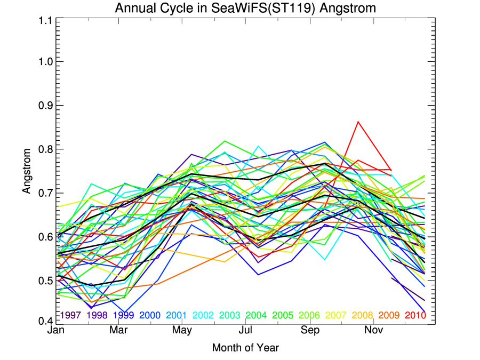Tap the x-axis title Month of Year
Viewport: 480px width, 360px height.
pos(245,348)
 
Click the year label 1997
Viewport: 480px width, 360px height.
pos(70,315)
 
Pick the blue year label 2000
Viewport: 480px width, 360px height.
pos(150,315)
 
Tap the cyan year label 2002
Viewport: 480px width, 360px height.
pos(203,315)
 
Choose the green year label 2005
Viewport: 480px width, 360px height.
pos(283,315)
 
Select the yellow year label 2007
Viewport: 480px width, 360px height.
pos(336,315)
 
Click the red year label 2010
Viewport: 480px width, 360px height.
pos(415,315)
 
